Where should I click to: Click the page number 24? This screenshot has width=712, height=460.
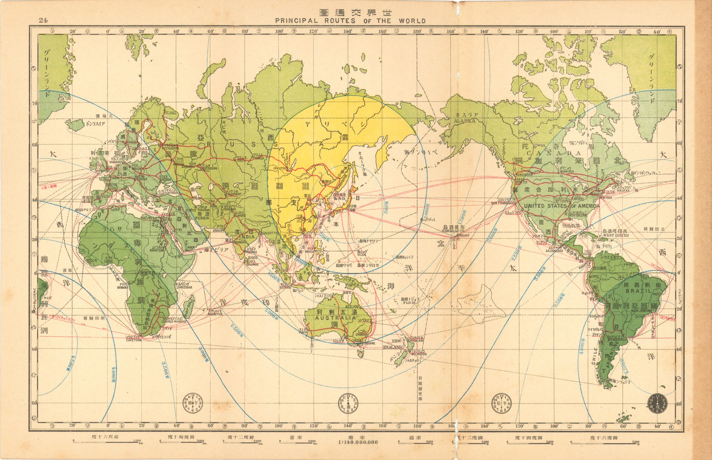pos(43,20)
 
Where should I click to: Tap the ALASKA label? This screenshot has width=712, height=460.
pos(465,121)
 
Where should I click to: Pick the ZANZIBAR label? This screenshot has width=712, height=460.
pos(186,287)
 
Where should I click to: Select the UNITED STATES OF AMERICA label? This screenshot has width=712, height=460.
pos(562,206)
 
